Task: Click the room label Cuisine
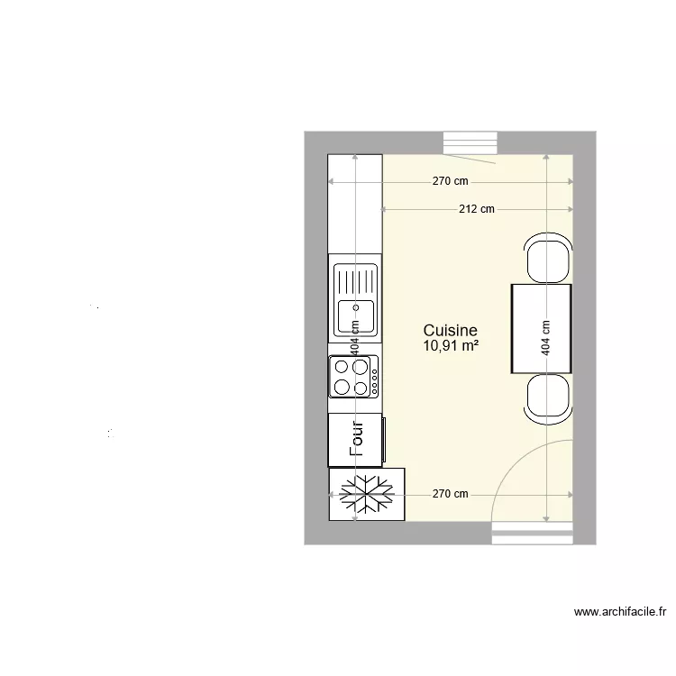coord(450,331)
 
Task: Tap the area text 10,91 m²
coord(450,345)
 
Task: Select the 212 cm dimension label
coord(477,210)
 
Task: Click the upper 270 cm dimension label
coord(450,181)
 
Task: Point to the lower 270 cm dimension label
coord(450,494)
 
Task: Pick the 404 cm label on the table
coord(544,339)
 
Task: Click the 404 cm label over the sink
coord(355,338)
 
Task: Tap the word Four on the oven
coord(356,441)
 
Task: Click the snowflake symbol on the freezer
coord(367,494)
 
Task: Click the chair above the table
coord(547,258)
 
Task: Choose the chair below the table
coord(547,397)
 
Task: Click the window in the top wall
coord(470,145)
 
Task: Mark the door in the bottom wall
coord(532,535)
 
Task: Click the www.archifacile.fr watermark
coord(620,613)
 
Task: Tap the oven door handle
coord(385,441)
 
